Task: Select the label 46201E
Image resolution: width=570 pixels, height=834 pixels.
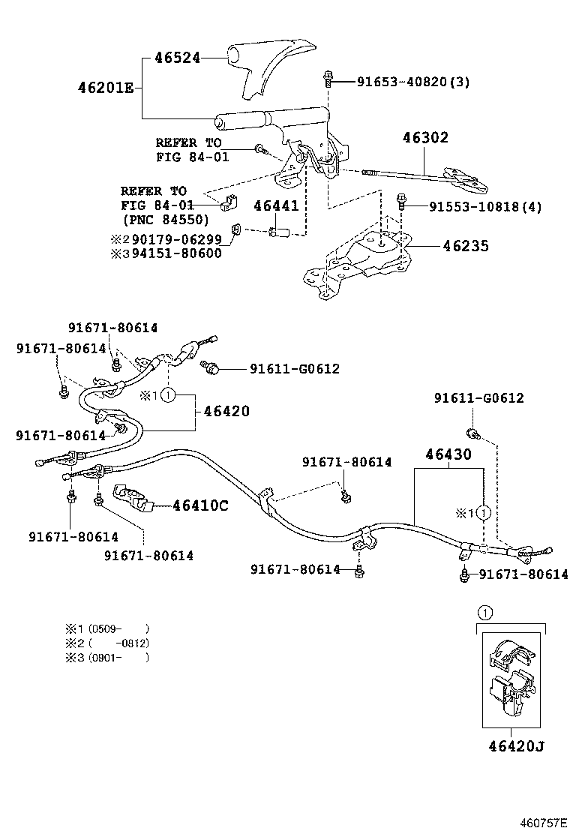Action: click(x=105, y=88)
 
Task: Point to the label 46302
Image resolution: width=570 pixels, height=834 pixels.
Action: click(x=424, y=137)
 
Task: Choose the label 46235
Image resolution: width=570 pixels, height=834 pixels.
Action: click(x=454, y=245)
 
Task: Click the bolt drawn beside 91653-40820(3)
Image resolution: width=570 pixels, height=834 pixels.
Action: click(x=328, y=79)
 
